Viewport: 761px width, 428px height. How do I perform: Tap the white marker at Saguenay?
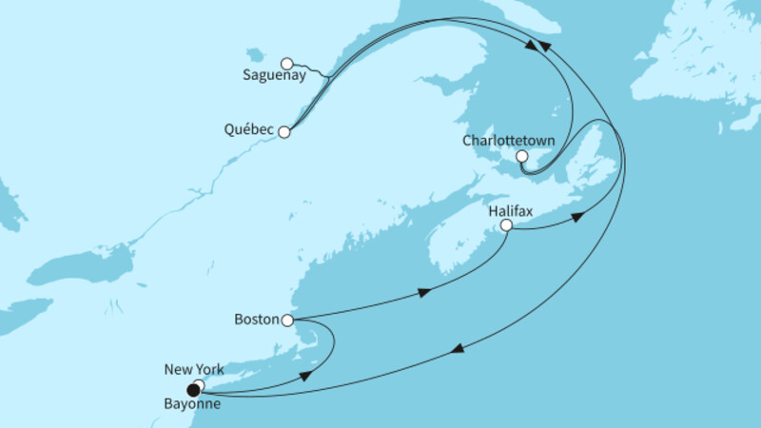point(286,64)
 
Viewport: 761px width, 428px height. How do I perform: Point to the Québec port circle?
point(283,132)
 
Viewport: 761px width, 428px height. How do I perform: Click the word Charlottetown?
point(496,140)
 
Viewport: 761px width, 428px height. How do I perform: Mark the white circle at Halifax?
point(506,225)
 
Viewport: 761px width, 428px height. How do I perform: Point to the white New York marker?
point(199,384)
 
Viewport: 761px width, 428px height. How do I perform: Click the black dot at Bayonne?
point(193,390)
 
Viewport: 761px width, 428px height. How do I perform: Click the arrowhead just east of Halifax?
point(576,219)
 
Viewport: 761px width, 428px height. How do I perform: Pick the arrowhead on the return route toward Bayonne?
point(457,350)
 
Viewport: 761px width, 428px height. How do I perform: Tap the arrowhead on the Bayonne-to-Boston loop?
point(306,377)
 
